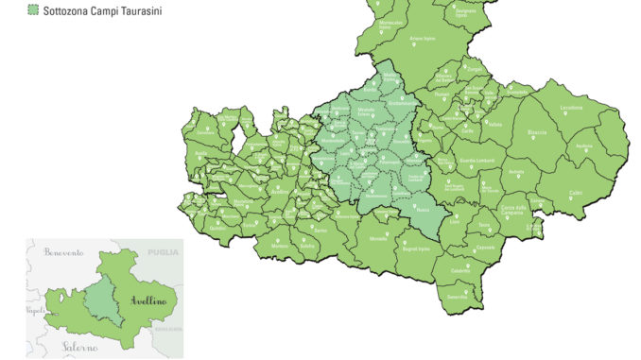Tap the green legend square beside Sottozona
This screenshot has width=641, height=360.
point(33,9)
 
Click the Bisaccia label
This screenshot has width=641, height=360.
point(538,133)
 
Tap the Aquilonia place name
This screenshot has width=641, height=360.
point(584,146)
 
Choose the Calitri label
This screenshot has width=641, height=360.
point(576,193)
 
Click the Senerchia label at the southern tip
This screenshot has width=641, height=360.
point(457,297)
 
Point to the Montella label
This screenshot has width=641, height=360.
point(378,238)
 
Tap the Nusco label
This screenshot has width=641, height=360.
point(422,211)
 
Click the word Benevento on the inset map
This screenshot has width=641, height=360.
point(61,253)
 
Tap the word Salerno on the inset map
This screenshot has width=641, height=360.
point(80,348)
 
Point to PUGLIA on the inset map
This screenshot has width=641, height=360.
point(156,253)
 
